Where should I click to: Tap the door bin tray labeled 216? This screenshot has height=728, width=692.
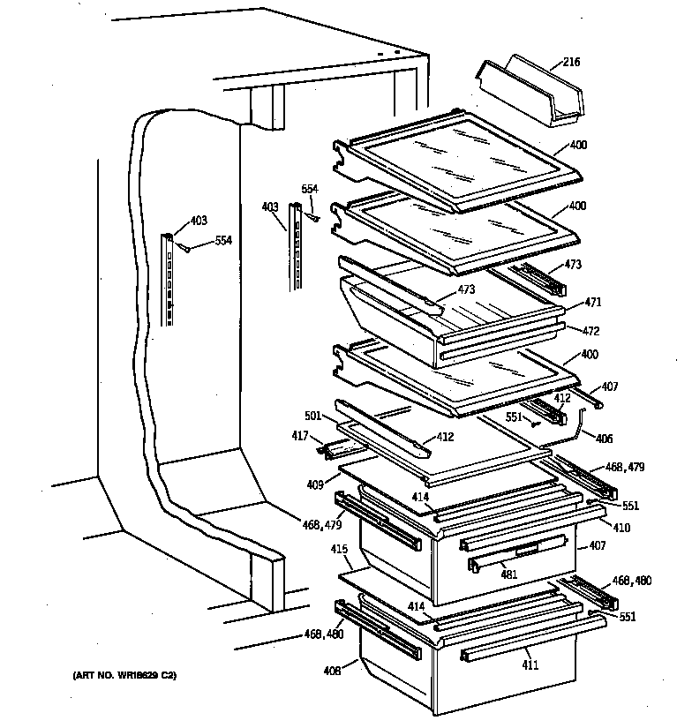[x=524, y=92]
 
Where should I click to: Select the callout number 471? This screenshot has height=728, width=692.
[x=591, y=303]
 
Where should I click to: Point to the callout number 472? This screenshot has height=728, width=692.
[x=590, y=331]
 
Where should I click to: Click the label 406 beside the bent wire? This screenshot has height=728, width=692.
[x=603, y=438]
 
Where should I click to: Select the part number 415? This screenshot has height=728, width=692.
[x=338, y=550]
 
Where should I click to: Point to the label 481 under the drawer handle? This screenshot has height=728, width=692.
[x=508, y=574]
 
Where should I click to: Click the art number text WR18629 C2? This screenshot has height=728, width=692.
[x=124, y=676]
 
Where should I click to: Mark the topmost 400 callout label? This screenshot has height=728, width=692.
[x=578, y=145]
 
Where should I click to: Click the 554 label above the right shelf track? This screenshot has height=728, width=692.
[x=309, y=189]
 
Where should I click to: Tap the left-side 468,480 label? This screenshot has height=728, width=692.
[x=324, y=634]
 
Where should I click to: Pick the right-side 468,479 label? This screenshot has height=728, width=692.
[x=624, y=467]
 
